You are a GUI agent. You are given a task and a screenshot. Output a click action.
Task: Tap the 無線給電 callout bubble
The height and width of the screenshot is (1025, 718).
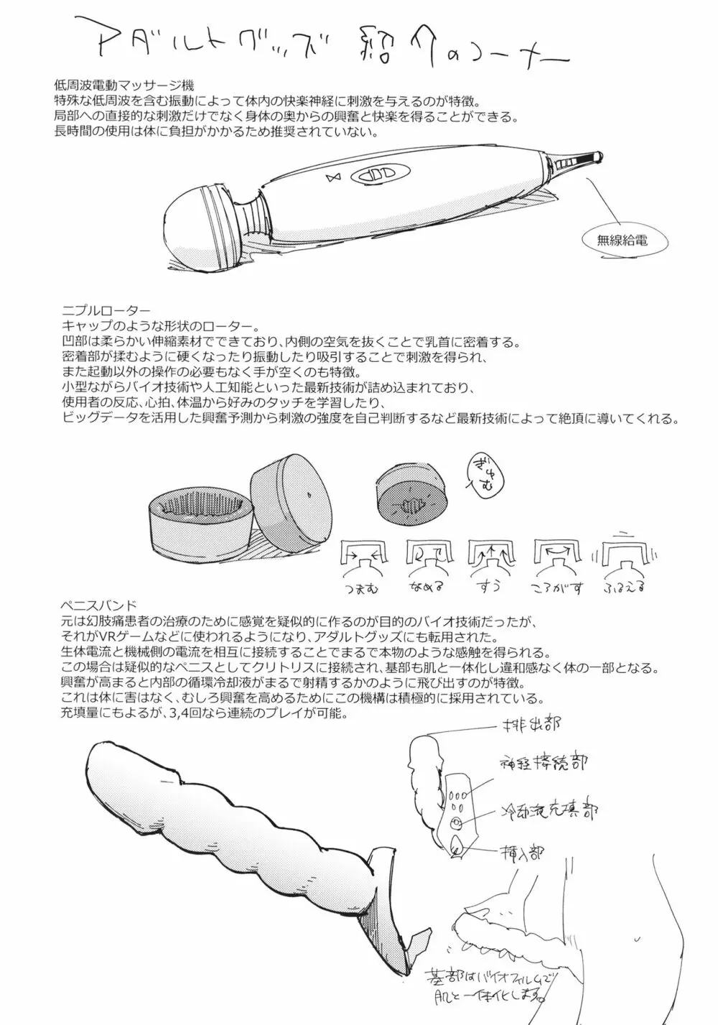coord(622,241)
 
